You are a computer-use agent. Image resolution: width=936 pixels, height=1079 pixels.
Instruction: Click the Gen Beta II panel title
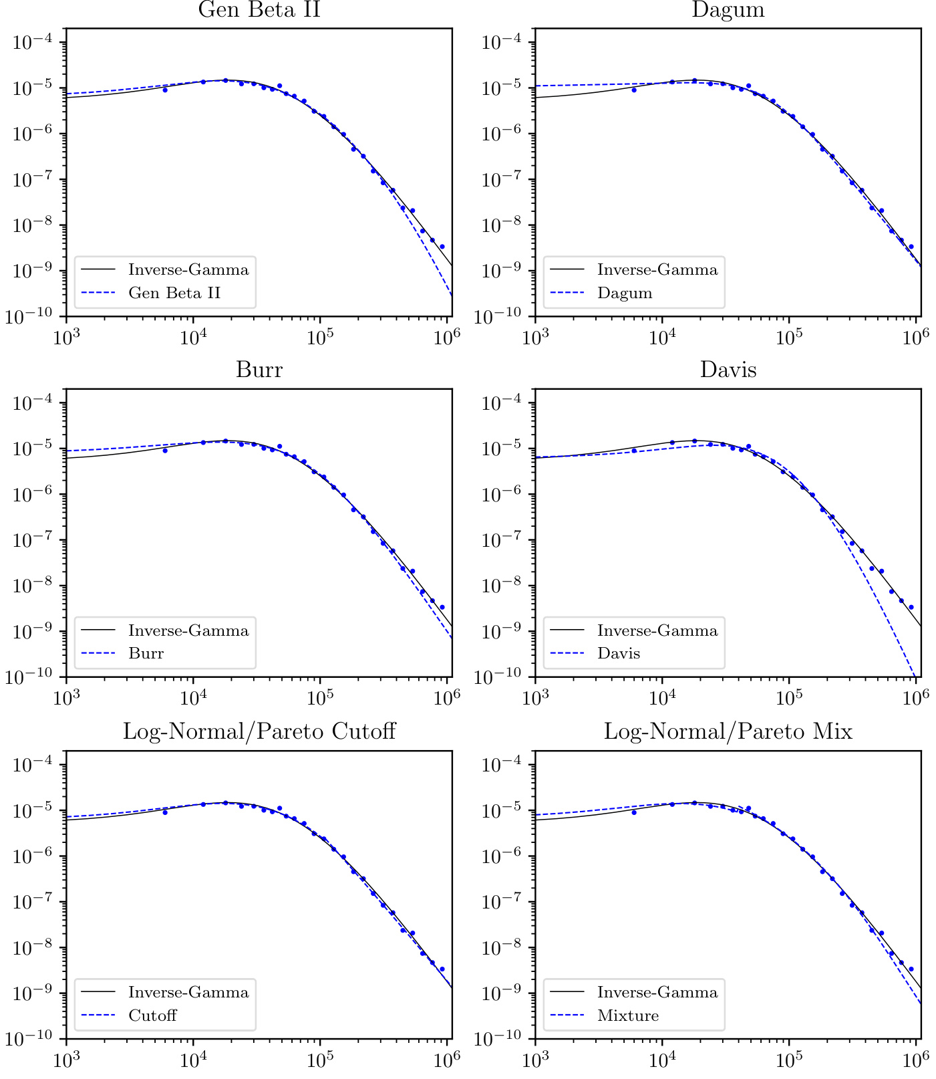pos(259,10)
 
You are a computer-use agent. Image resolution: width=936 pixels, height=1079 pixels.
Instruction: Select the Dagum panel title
pos(728,10)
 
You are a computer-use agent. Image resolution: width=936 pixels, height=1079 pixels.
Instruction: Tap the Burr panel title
pos(259,370)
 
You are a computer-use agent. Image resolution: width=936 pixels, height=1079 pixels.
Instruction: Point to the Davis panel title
pos(728,370)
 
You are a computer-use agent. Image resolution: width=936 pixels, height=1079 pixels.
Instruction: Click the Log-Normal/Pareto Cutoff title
pos(259,731)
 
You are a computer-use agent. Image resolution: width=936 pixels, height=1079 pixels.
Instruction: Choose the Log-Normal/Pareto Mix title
pos(728,731)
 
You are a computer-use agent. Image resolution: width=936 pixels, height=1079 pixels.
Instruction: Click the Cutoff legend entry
pos(152,1015)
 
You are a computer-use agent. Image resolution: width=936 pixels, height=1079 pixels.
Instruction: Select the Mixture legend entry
pos(628,1015)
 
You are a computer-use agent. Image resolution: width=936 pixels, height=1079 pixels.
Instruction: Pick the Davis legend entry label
pos(619,653)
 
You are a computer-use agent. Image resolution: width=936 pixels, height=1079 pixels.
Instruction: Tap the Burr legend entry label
pos(146,653)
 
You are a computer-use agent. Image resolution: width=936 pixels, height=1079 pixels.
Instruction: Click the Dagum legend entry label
pos(625,293)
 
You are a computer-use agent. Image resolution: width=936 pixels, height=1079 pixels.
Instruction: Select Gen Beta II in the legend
pos(174,293)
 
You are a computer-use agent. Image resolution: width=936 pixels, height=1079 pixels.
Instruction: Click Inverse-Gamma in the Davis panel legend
pos(657,630)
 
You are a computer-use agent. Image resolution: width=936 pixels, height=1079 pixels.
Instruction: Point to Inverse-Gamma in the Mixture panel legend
pos(657,992)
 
